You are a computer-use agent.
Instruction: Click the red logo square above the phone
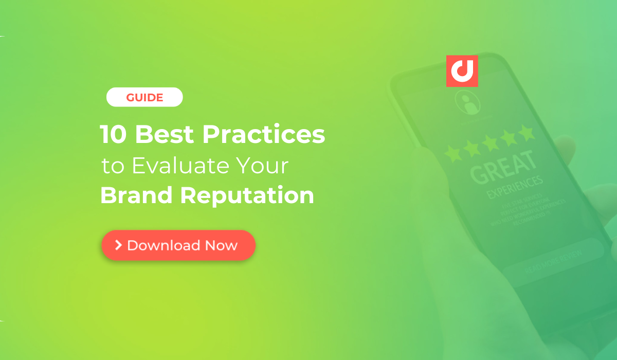(x=462, y=71)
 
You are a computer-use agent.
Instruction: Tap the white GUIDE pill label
(x=144, y=97)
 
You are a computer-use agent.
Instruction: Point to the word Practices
(x=264, y=135)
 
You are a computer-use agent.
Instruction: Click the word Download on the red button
(x=164, y=245)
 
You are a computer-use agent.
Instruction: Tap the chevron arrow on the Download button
(x=118, y=245)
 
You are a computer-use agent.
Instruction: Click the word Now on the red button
(x=221, y=245)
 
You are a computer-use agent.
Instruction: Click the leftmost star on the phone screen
(x=453, y=153)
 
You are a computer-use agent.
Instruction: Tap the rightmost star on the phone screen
(x=526, y=133)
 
